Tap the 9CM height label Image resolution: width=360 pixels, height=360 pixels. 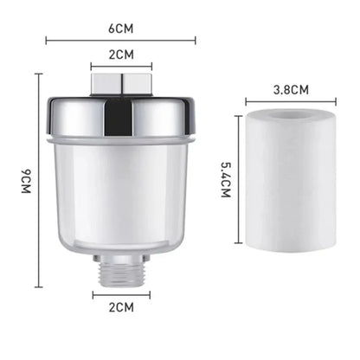pos(26,180)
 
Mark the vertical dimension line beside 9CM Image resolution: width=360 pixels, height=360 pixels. pos(39,180)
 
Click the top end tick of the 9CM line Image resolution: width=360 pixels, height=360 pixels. pos(39,74)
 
